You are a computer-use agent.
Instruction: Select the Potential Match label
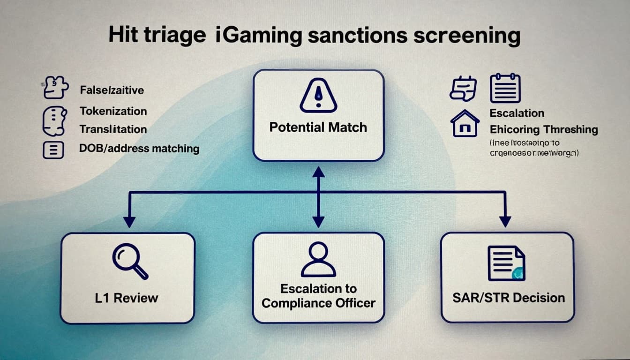pos(318,127)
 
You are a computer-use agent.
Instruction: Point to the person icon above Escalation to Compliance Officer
pos(318,259)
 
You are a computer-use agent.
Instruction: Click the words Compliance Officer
pos(318,303)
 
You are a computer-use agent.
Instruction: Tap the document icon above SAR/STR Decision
pos(506,263)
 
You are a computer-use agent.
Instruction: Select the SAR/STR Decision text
pos(508,298)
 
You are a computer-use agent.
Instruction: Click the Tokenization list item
pos(113,111)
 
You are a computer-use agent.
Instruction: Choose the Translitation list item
pos(113,129)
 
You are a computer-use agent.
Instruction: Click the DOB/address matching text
pos(139,149)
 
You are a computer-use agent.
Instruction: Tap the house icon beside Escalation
pos(465,123)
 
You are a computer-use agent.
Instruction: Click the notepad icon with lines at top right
pos(505,88)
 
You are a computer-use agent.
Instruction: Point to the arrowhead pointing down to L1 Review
pos(129,222)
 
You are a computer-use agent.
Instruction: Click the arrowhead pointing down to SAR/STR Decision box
pos(505,222)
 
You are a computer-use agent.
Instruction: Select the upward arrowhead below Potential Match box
pos(318,172)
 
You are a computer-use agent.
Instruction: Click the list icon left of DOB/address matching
pos(53,150)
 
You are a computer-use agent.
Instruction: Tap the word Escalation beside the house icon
pos(517,113)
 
